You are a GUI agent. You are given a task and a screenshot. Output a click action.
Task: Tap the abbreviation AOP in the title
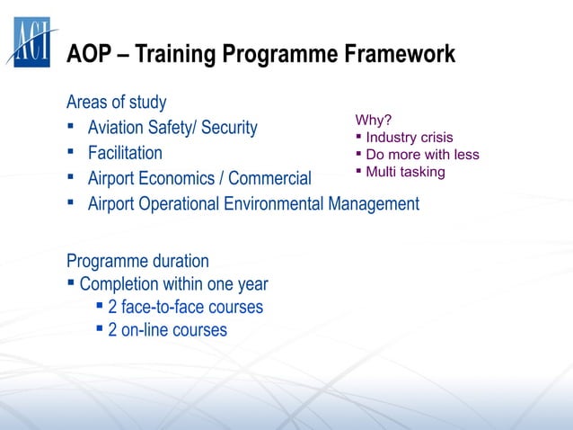(x=89, y=56)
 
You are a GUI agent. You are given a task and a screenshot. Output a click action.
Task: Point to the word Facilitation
(x=125, y=153)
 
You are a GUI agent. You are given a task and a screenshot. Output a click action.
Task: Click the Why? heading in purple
(x=374, y=121)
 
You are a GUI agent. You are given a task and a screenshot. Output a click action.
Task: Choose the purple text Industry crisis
(x=410, y=138)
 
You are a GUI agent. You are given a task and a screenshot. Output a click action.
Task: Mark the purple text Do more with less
(x=422, y=155)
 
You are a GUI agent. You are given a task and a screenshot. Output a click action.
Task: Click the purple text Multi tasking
(x=405, y=172)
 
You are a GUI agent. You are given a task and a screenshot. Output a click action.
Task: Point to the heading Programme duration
(x=137, y=261)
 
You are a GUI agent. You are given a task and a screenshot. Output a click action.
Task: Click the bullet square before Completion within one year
(x=71, y=283)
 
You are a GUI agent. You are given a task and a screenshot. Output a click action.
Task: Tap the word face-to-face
(x=166, y=308)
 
